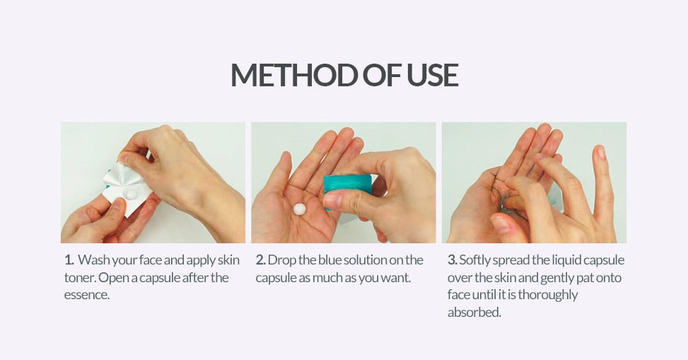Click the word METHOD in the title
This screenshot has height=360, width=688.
point(294,75)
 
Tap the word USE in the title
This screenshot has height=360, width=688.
point(433,75)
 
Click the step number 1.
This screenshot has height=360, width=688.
point(69,260)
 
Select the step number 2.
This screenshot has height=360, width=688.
point(261,260)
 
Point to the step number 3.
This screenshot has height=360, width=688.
point(453,260)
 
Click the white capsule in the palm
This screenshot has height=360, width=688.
point(300,209)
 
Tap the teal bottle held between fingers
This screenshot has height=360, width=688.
point(347,187)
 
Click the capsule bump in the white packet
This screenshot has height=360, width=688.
point(130,194)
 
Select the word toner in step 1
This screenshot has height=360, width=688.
point(79,277)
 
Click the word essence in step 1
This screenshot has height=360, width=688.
point(86,295)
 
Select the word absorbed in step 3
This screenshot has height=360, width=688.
point(474,312)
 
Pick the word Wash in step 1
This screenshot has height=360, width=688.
point(93,260)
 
